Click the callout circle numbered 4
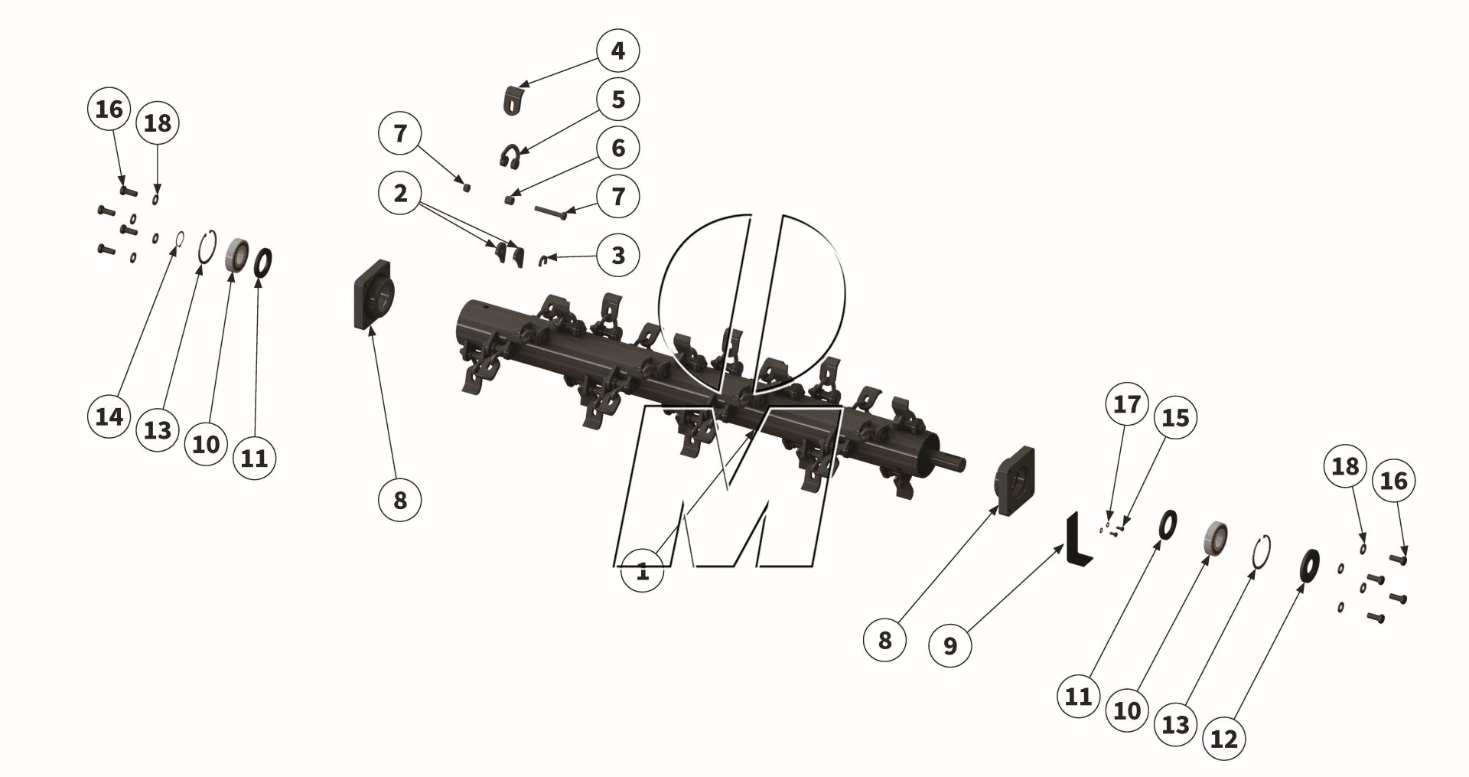click(x=617, y=51)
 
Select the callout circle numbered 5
click(x=617, y=100)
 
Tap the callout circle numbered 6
click(x=617, y=148)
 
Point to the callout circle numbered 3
click(x=617, y=255)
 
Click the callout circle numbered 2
click(x=400, y=194)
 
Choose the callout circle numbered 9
click(x=949, y=645)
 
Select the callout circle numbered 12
click(x=1224, y=739)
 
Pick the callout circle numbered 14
click(x=109, y=417)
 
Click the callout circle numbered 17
click(x=1126, y=403)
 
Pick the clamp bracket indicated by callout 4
click(x=513, y=100)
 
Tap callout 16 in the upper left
click(x=109, y=109)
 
